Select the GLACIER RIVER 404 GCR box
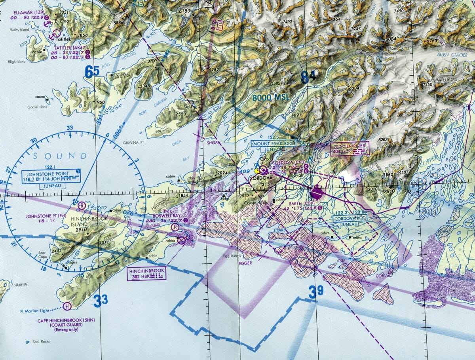[350, 149]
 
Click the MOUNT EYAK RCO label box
[274, 144]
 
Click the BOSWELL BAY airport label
[162, 216]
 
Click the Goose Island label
[38, 107]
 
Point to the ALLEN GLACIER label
[451, 55]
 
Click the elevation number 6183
[184, 11]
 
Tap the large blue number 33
[101, 301]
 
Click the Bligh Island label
[17, 62]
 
